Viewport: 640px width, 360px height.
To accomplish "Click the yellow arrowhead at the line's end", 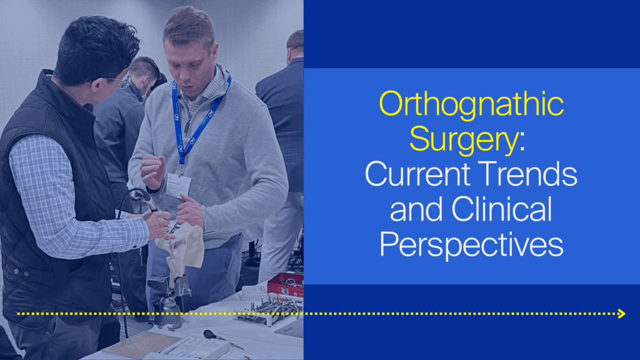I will pos(621,313).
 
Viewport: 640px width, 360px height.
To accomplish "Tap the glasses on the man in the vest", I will pos(116,79).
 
